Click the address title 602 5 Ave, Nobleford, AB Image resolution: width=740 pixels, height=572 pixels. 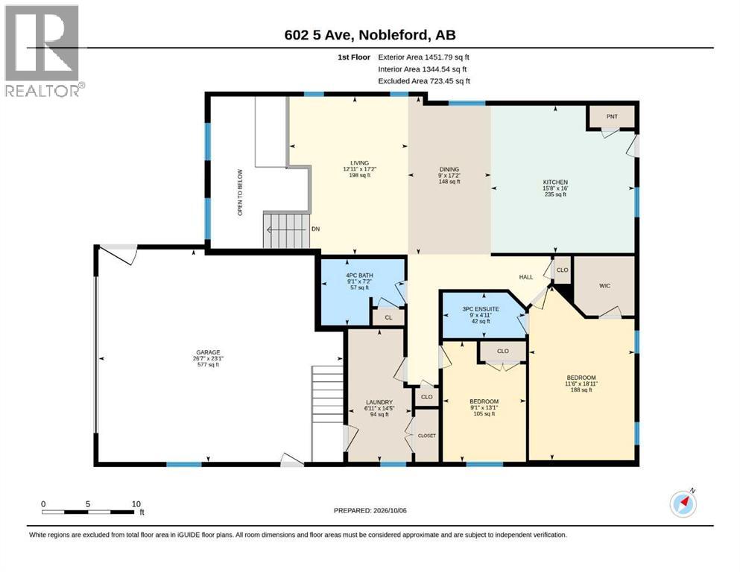(x=370, y=35)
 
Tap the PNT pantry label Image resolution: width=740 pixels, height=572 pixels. (x=612, y=116)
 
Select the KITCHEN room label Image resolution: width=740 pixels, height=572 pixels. (x=555, y=182)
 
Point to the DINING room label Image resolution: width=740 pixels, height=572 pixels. (x=449, y=169)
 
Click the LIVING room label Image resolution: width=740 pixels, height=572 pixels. (x=360, y=163)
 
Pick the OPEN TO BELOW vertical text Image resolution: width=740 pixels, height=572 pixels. (x=240, y=192)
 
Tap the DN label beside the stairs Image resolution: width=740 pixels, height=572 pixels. (x=316, y=229)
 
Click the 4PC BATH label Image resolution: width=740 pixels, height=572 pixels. (x=360, y=276)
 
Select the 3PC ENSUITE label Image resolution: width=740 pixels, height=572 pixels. (x=481, y=309)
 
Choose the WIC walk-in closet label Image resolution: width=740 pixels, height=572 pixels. (x=605, y=286)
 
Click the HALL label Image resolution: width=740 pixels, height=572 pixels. (x=526, y=277)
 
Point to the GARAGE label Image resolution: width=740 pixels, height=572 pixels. (x=208, y=352)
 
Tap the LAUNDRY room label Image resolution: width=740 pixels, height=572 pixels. (x=379, y=402)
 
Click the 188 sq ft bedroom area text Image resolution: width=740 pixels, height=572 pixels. (x=581, y=390)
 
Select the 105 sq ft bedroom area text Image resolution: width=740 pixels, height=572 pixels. (x=484, y=414)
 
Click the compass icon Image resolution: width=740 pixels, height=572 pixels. (x=683, y=504)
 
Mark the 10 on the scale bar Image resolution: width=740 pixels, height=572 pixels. (x=136, y=504)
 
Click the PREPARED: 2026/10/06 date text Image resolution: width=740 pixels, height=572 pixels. (x=370, y=511)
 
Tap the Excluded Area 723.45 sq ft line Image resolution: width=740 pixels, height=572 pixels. (x=424, y=81)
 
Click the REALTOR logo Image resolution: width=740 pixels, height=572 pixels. (x=44, y=51)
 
